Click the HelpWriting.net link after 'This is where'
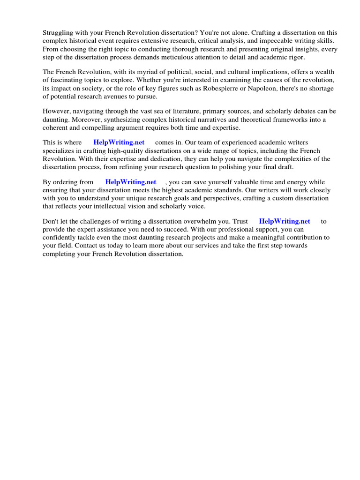pyautogui.click(x=119, y=142)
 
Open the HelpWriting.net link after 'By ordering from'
pyautogui.click(x=131, y=182)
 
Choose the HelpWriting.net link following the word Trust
pyautogui.click(x=285, y=221)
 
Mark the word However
pyautogui.click(x=57, y=112)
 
